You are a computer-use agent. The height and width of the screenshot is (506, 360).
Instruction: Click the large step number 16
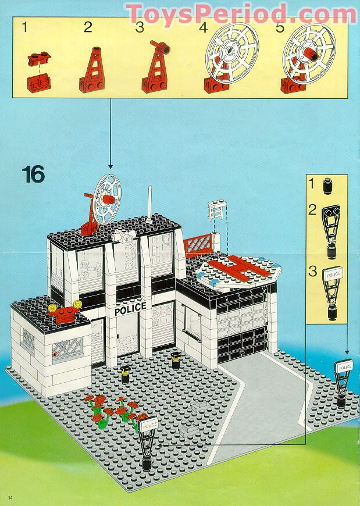pos(34,174)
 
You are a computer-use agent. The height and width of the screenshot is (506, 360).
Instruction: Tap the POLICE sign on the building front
pos(130,309)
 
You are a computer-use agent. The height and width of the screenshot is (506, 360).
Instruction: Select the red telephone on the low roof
pos(66,314)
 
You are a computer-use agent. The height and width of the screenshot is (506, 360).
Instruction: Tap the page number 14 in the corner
pos(10,496)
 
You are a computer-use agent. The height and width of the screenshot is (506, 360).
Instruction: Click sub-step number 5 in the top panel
pos(280,27)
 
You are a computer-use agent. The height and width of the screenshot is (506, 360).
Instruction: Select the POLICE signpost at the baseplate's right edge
pos(342,381)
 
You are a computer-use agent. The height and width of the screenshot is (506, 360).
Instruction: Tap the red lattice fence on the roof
pos(200,243)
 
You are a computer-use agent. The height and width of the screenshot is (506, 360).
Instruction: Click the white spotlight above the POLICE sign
pos(126,236)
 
